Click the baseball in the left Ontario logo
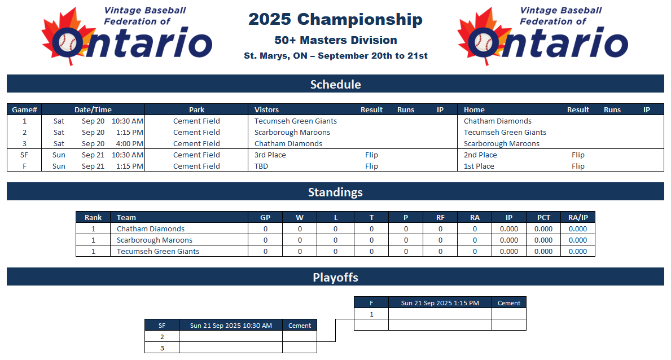pyautogui.click(x=67, y=43)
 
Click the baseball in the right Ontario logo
pyautogui.click(x=483, y=43)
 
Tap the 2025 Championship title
pyautogui.click(x=335, y=20)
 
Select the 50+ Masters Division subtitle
pyautogui.click(x=335, y=40)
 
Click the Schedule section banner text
pyautogui.click(x=335, y=84)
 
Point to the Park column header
pyautogui.click(x=196, y=109)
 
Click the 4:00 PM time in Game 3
pyautogui.click(x=130, y=144)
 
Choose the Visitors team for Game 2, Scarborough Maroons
pyautogui.click(x=292, y=133)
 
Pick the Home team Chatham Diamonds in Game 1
pyautogui.click(x=498, y=121)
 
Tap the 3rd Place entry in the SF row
pyautogui.click(x=270, y=155)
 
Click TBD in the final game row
pyautogui.click(x=261, y=166)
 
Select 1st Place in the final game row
pyautogui.click(x=479, y=166)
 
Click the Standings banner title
pyautogui.click(x=335, y=192)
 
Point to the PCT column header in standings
pyautogui.click(x=543, y=217)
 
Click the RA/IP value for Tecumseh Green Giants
pyautogui.click(x=578, y=251)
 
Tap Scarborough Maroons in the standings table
pyautogui.click(x=155, y=240)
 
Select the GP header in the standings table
pyautogui.click(x=265, y=217)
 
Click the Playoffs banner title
pyautogui.click(x=335, y=278)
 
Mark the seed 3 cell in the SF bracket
pyautogui.click(x=162, y=348)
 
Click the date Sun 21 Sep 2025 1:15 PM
pyautogui.click(x=440, y=303)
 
